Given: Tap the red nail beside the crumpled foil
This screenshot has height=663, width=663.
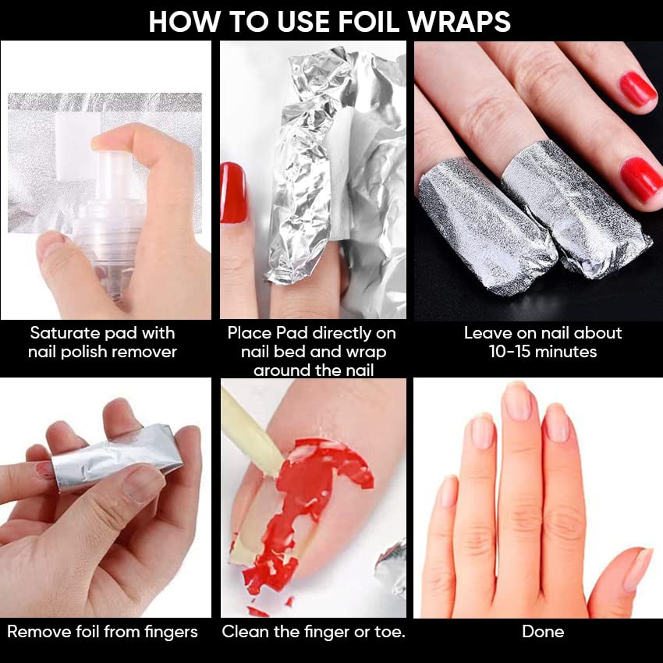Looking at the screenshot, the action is point(233,193).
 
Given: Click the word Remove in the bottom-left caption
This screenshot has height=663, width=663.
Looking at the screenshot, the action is point(39,632).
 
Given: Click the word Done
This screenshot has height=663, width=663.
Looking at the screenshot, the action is point(543,632).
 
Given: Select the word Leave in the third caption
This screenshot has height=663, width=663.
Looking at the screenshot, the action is point(485,333).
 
